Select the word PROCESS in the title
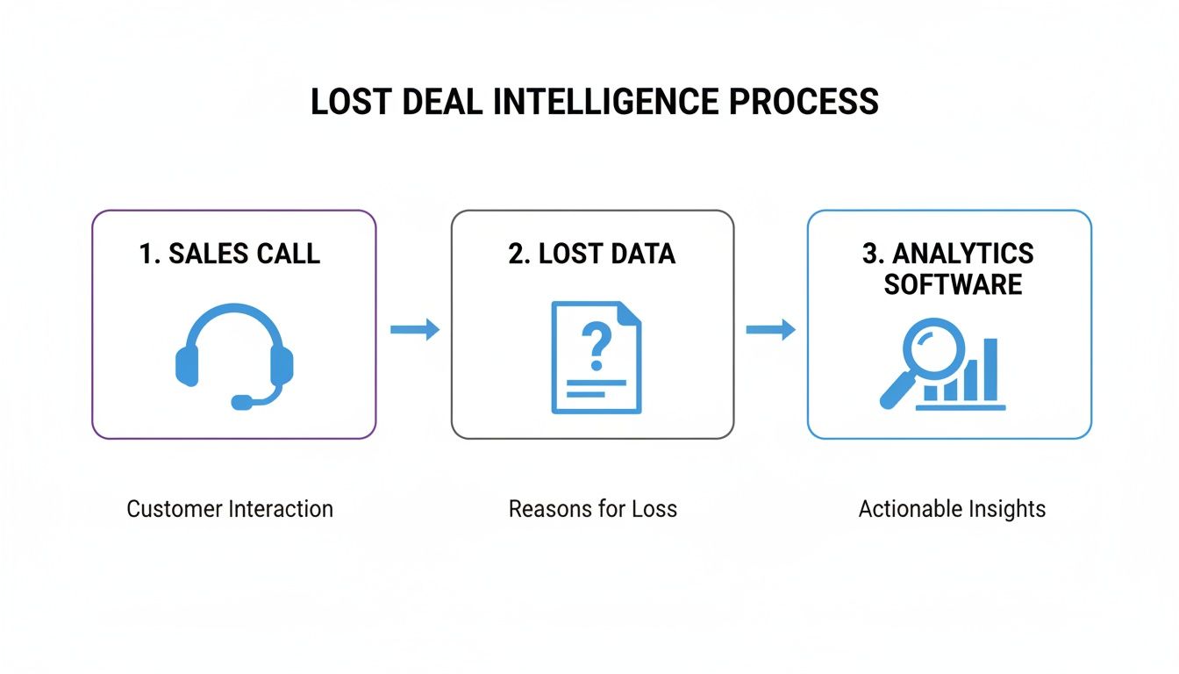coord(804,103)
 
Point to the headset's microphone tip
coord(240,402)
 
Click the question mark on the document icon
coord(596,344)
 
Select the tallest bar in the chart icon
coord(990,369)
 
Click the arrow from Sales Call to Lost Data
coord(414,330)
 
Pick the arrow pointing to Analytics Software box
coord(770,330)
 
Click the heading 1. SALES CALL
coord(230,254)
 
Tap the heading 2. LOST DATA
coord(592,254)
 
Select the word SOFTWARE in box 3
coord(953,284)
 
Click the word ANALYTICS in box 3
coord(963,254)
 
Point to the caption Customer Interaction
coord(230,509)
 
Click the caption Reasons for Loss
coord(593,509)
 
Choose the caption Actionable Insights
coord(952,509)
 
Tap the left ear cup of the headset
coord(187,364)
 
